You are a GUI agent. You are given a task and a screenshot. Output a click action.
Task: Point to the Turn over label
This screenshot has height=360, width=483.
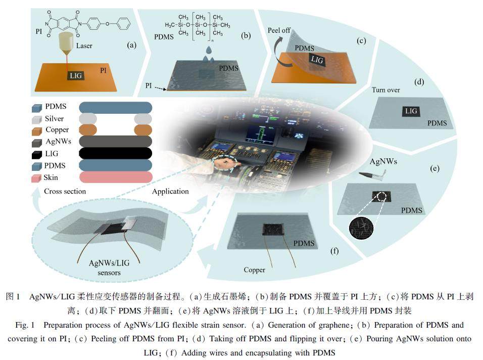(386, 90)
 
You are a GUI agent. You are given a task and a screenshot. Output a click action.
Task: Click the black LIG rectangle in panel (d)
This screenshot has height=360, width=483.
(410, 111)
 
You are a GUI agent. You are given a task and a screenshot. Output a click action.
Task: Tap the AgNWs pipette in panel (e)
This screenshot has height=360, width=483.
(374, 175)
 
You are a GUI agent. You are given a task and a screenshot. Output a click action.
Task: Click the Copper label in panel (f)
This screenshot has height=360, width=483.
(254, 269)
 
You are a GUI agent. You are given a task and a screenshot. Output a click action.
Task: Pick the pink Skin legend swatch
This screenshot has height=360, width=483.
(36, 178)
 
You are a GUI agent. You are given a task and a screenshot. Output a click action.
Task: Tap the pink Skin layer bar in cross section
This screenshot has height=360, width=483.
(116, 177)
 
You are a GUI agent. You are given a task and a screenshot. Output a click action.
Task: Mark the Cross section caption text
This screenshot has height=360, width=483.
(65, 192)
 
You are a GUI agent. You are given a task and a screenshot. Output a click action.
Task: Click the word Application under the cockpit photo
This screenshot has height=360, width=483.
(170, 192)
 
